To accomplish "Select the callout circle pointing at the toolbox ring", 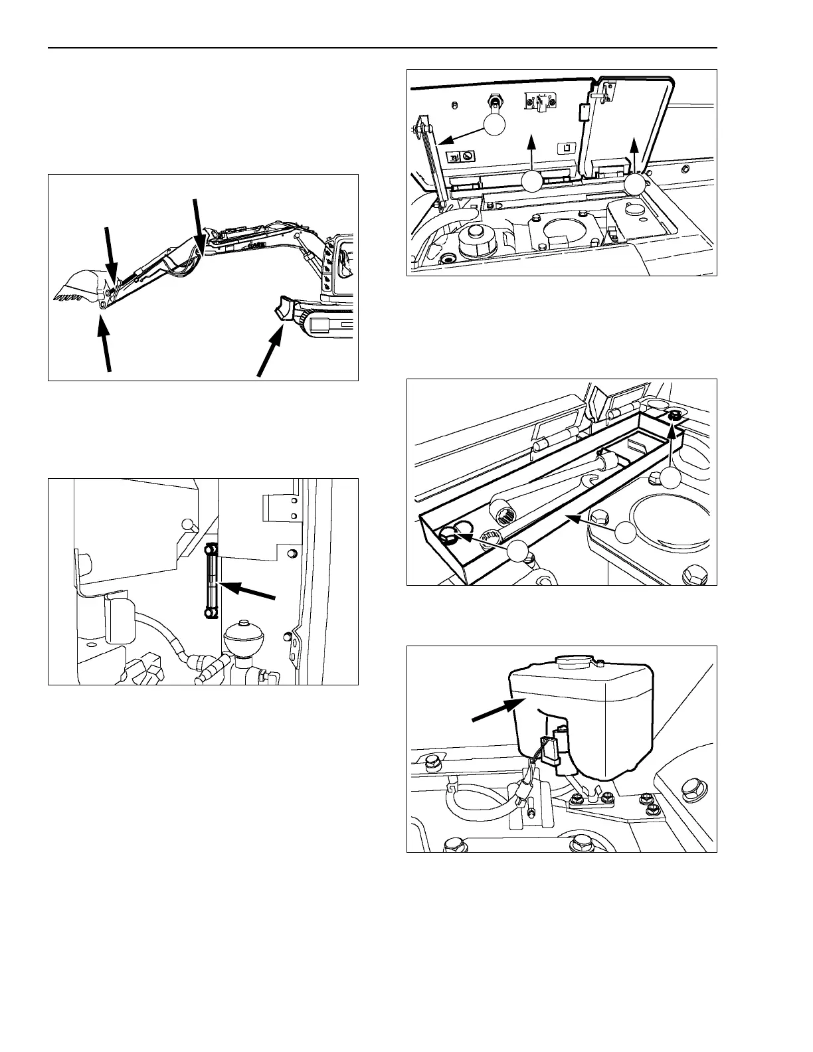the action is point(519,551).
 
